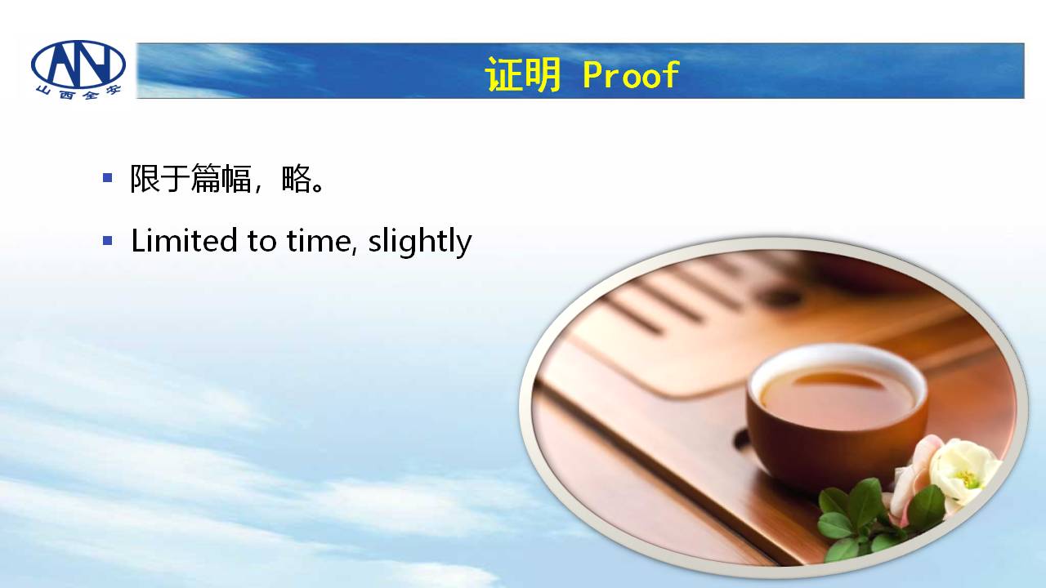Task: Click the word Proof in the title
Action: click(631, 74)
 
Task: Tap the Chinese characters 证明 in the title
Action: click(522, 74)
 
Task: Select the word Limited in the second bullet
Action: click(184, 241)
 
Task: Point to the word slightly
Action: click(420, 242)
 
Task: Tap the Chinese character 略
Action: click(297, 178)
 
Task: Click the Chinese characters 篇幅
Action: click(221, 178)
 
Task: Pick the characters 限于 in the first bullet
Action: click(159, 178)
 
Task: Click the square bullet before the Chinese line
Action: click(107, 177)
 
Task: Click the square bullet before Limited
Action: click(107, 241)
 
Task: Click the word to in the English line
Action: click(261, 242)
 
